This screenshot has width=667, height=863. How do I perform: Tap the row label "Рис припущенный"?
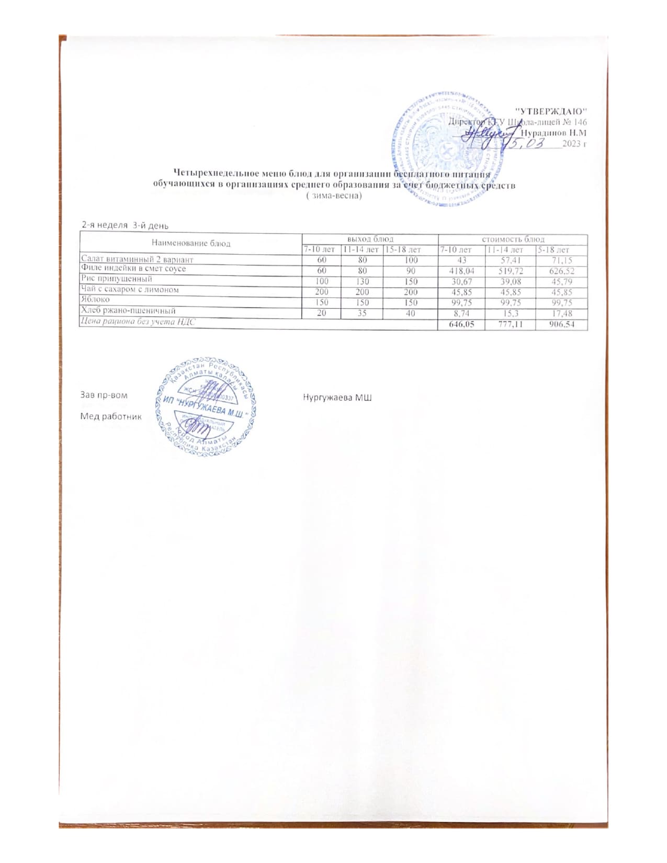click(x=117, y=279)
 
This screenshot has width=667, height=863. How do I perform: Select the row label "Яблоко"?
click(x=95, y=300)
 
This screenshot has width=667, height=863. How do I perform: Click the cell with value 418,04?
click(x=461, y=271)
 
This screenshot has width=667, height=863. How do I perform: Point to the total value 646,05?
click(x=461, y=325)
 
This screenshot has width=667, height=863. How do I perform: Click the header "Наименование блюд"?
click(x=191, y=243)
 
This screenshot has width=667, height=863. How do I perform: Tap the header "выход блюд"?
click(x=370, y=239)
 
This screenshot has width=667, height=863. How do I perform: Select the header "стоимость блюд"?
click(x=513, y=239)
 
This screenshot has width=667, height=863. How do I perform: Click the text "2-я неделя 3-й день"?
click(x=125, y=225)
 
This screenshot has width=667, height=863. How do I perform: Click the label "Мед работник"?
click(x=111, y=416)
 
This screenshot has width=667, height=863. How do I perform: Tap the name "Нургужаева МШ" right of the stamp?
click(x=337, y=398)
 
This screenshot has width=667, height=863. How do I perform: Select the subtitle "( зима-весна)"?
click(x=333, y=196)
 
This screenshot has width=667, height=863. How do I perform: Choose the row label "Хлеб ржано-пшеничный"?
click(x=128, y=310)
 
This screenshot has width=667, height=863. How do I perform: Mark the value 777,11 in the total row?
click(x=510, y=325)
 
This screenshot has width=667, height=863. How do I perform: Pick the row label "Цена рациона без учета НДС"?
click(x=138, y=322)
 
